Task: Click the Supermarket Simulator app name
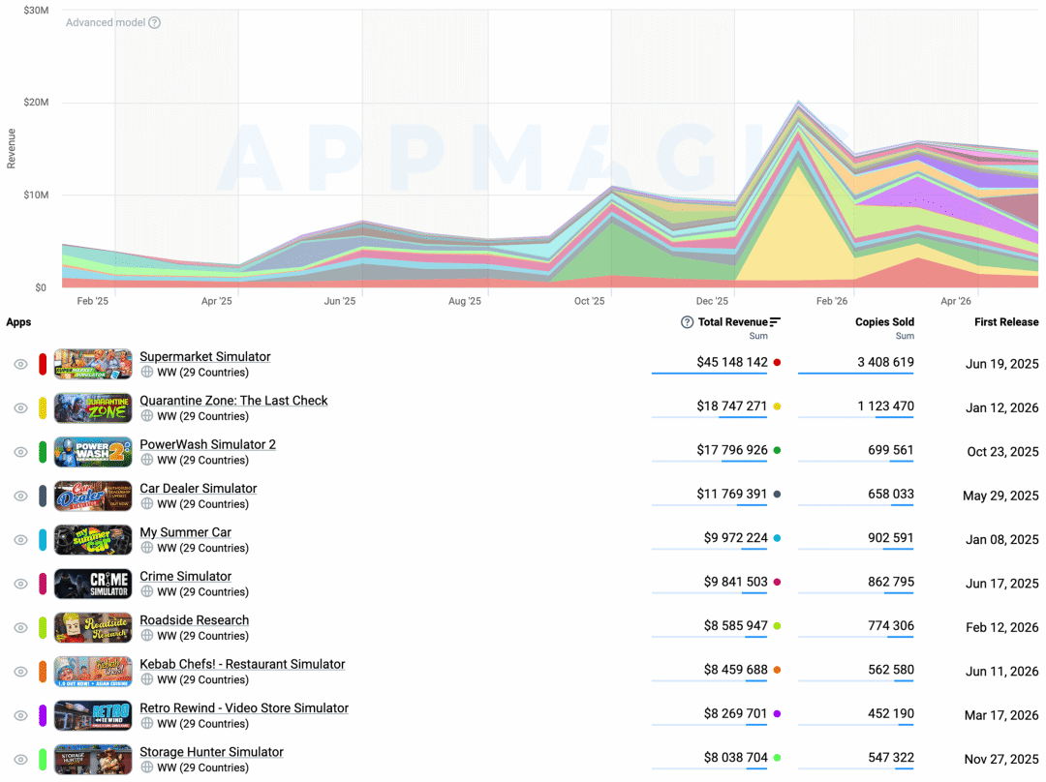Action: click(x=204, y=357)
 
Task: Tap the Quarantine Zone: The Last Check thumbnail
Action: click(x=93, y=408)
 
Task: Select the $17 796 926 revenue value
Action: click(x=732, y=450)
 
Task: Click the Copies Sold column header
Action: click(x=884, y=322)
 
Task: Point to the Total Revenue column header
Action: click(x=732, y=322)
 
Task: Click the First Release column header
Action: click(x=1006, y=322)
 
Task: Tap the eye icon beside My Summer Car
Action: click(x=20, y=540)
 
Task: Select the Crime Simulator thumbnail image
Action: click(x=93, y=584)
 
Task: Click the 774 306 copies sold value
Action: click(x=891, y=626)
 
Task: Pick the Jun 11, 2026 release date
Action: click(x=1002, y=672)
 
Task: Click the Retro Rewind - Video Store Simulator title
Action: click(x=244, y=708)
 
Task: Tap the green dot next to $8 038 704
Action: click(x=777, y=758)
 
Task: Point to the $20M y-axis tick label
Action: click(x=36, y=102)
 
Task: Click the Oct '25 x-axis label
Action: click(x=589, y=301)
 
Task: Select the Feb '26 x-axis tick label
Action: click(x=832, y=301)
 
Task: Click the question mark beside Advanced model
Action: click(x=155, y=22)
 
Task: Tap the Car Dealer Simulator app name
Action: click(x=199, y=489)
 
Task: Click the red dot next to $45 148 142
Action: click(x=777, y=363)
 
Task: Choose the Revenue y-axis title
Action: click(x=11, y=149)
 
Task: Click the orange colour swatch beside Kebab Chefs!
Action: click(x=43, y=672)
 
